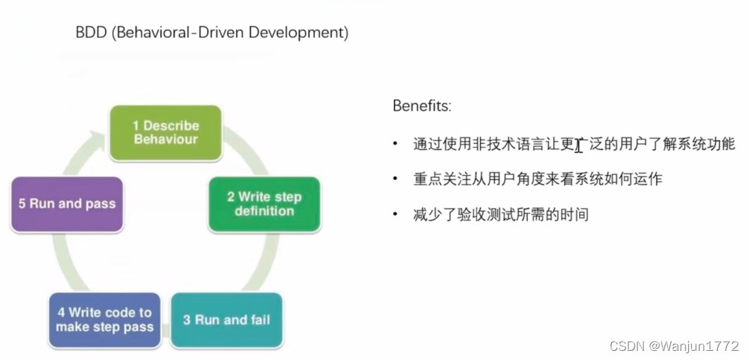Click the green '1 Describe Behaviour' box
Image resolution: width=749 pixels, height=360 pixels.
coord(166,132)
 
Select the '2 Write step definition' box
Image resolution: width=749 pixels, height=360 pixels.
coord(264,204)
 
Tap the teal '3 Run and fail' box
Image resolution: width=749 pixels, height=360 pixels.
coord(226,320)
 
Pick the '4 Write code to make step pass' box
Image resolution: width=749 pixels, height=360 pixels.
coord(104,320)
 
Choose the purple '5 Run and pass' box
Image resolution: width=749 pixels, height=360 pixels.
coord(67,204)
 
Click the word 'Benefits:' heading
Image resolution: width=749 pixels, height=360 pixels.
coord(421,106)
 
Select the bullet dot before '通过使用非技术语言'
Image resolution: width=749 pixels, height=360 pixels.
coord(396,144)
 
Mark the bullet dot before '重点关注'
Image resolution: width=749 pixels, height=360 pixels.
coord(396,179)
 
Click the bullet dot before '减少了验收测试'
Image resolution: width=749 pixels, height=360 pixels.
coord(396,214)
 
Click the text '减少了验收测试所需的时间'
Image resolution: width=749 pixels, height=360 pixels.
coord(500,214)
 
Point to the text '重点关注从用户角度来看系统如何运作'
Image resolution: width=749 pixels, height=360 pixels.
coord(538,179)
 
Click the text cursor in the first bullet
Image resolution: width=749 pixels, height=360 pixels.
coord(578,146)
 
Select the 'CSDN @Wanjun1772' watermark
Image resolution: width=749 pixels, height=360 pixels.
coord(674,346)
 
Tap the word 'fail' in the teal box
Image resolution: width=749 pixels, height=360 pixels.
coord(258,320)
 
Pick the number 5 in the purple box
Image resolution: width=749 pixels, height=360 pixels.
coord(23,204)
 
